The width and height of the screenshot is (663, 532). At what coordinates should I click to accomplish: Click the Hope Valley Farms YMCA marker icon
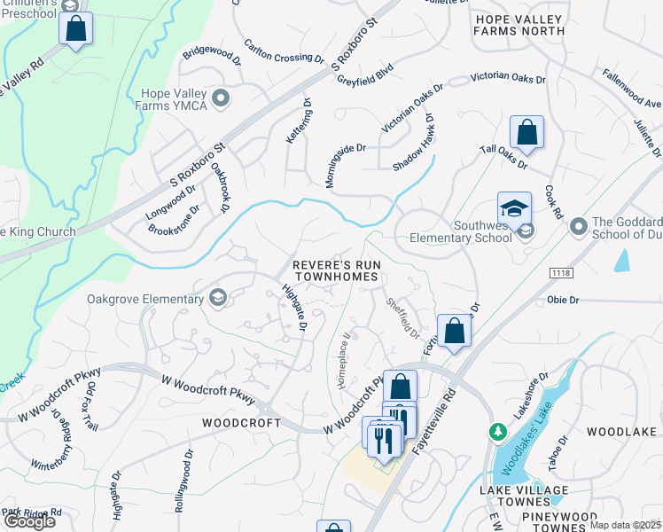[x=220, y=98]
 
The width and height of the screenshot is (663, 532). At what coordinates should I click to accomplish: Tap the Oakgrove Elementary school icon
[x=217, y=299]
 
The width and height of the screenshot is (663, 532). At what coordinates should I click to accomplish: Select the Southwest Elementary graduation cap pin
[x=514, y=209]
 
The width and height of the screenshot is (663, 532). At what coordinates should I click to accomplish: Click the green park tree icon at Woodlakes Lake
[x=498, y=431]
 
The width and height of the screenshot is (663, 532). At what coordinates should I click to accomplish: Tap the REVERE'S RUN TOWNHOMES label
[x=336, y=271]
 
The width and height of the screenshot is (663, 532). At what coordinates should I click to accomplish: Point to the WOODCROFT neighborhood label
[x=241, y=423]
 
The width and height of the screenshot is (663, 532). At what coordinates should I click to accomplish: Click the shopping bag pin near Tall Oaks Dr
[x=526, y=134]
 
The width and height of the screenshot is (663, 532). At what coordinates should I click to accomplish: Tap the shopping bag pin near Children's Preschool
[x=76, y=28]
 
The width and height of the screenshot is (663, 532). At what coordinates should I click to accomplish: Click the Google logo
[x=29, y=521]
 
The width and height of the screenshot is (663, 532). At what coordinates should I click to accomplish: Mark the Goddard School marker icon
[x=578, y=228]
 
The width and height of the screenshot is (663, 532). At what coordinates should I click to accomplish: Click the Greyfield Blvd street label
[x=365, y=78]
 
